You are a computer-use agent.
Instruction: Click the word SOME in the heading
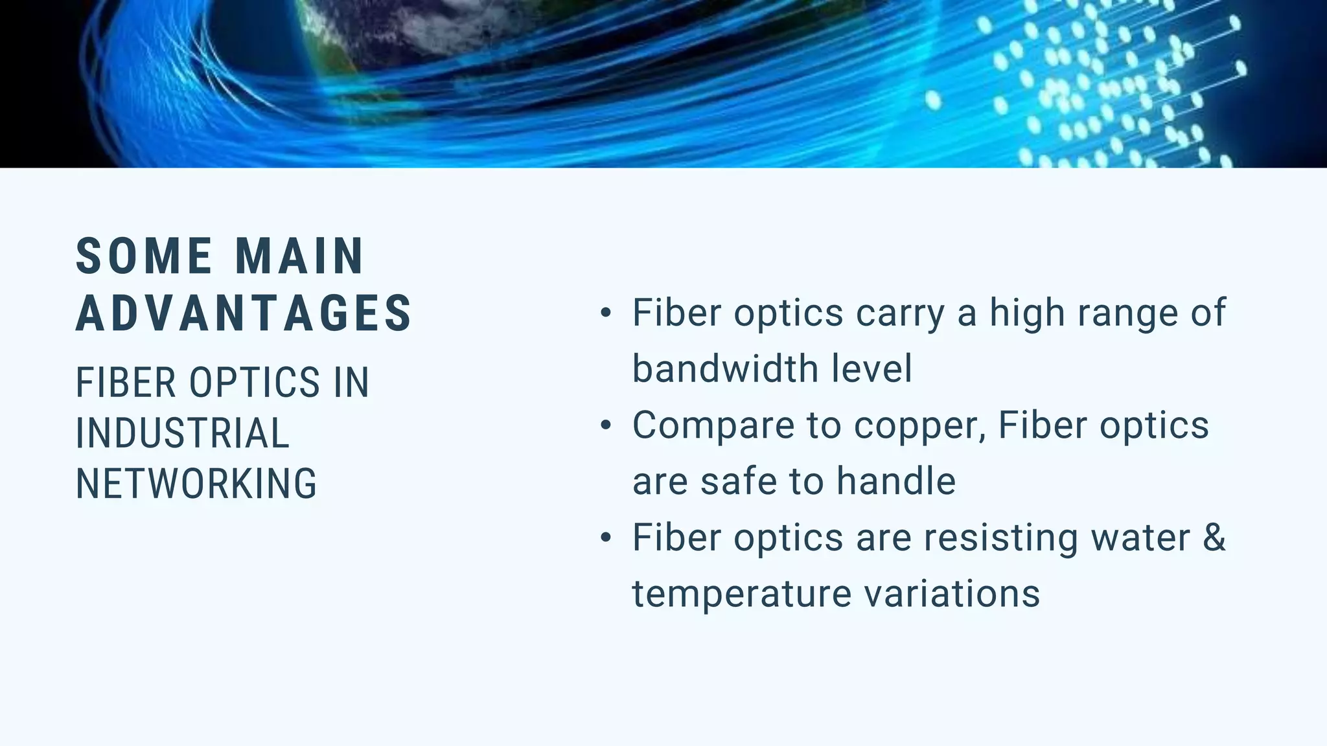(x=144, y=256)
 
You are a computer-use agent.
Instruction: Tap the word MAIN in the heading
(x=299, y=256)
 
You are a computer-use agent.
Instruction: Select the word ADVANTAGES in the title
(x=244, y=313)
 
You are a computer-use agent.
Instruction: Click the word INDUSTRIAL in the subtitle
(x=182, y=433)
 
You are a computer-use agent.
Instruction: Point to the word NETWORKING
(x=196, y=484)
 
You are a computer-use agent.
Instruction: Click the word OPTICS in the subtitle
(x=254, y=382)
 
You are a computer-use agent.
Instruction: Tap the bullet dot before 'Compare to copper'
(x=606, y=425)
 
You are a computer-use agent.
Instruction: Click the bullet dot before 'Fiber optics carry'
(x=606, y=313)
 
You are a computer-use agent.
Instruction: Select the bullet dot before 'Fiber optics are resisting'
(x=606, y=537)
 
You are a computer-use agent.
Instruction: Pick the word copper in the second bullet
(x=919, y=425)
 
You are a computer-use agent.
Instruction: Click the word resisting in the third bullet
(x=1001, y=537)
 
